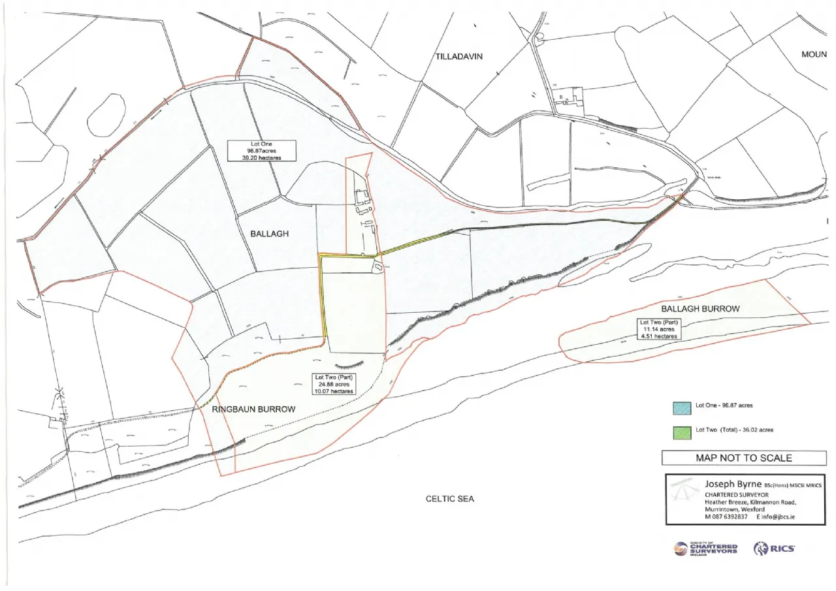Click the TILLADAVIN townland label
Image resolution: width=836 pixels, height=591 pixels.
[x=458, y=57]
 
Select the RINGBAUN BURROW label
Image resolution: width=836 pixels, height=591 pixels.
[x=253, y=409]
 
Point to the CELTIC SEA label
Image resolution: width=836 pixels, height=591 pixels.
[x=449, y=499]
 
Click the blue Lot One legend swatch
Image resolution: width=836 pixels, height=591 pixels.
[x=682, y=406]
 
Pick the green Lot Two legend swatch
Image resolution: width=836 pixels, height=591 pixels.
[x=682, y=430]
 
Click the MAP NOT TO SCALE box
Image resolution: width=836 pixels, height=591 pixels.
[x=744, y=458]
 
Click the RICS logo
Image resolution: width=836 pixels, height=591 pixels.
[x=774, y=549]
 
